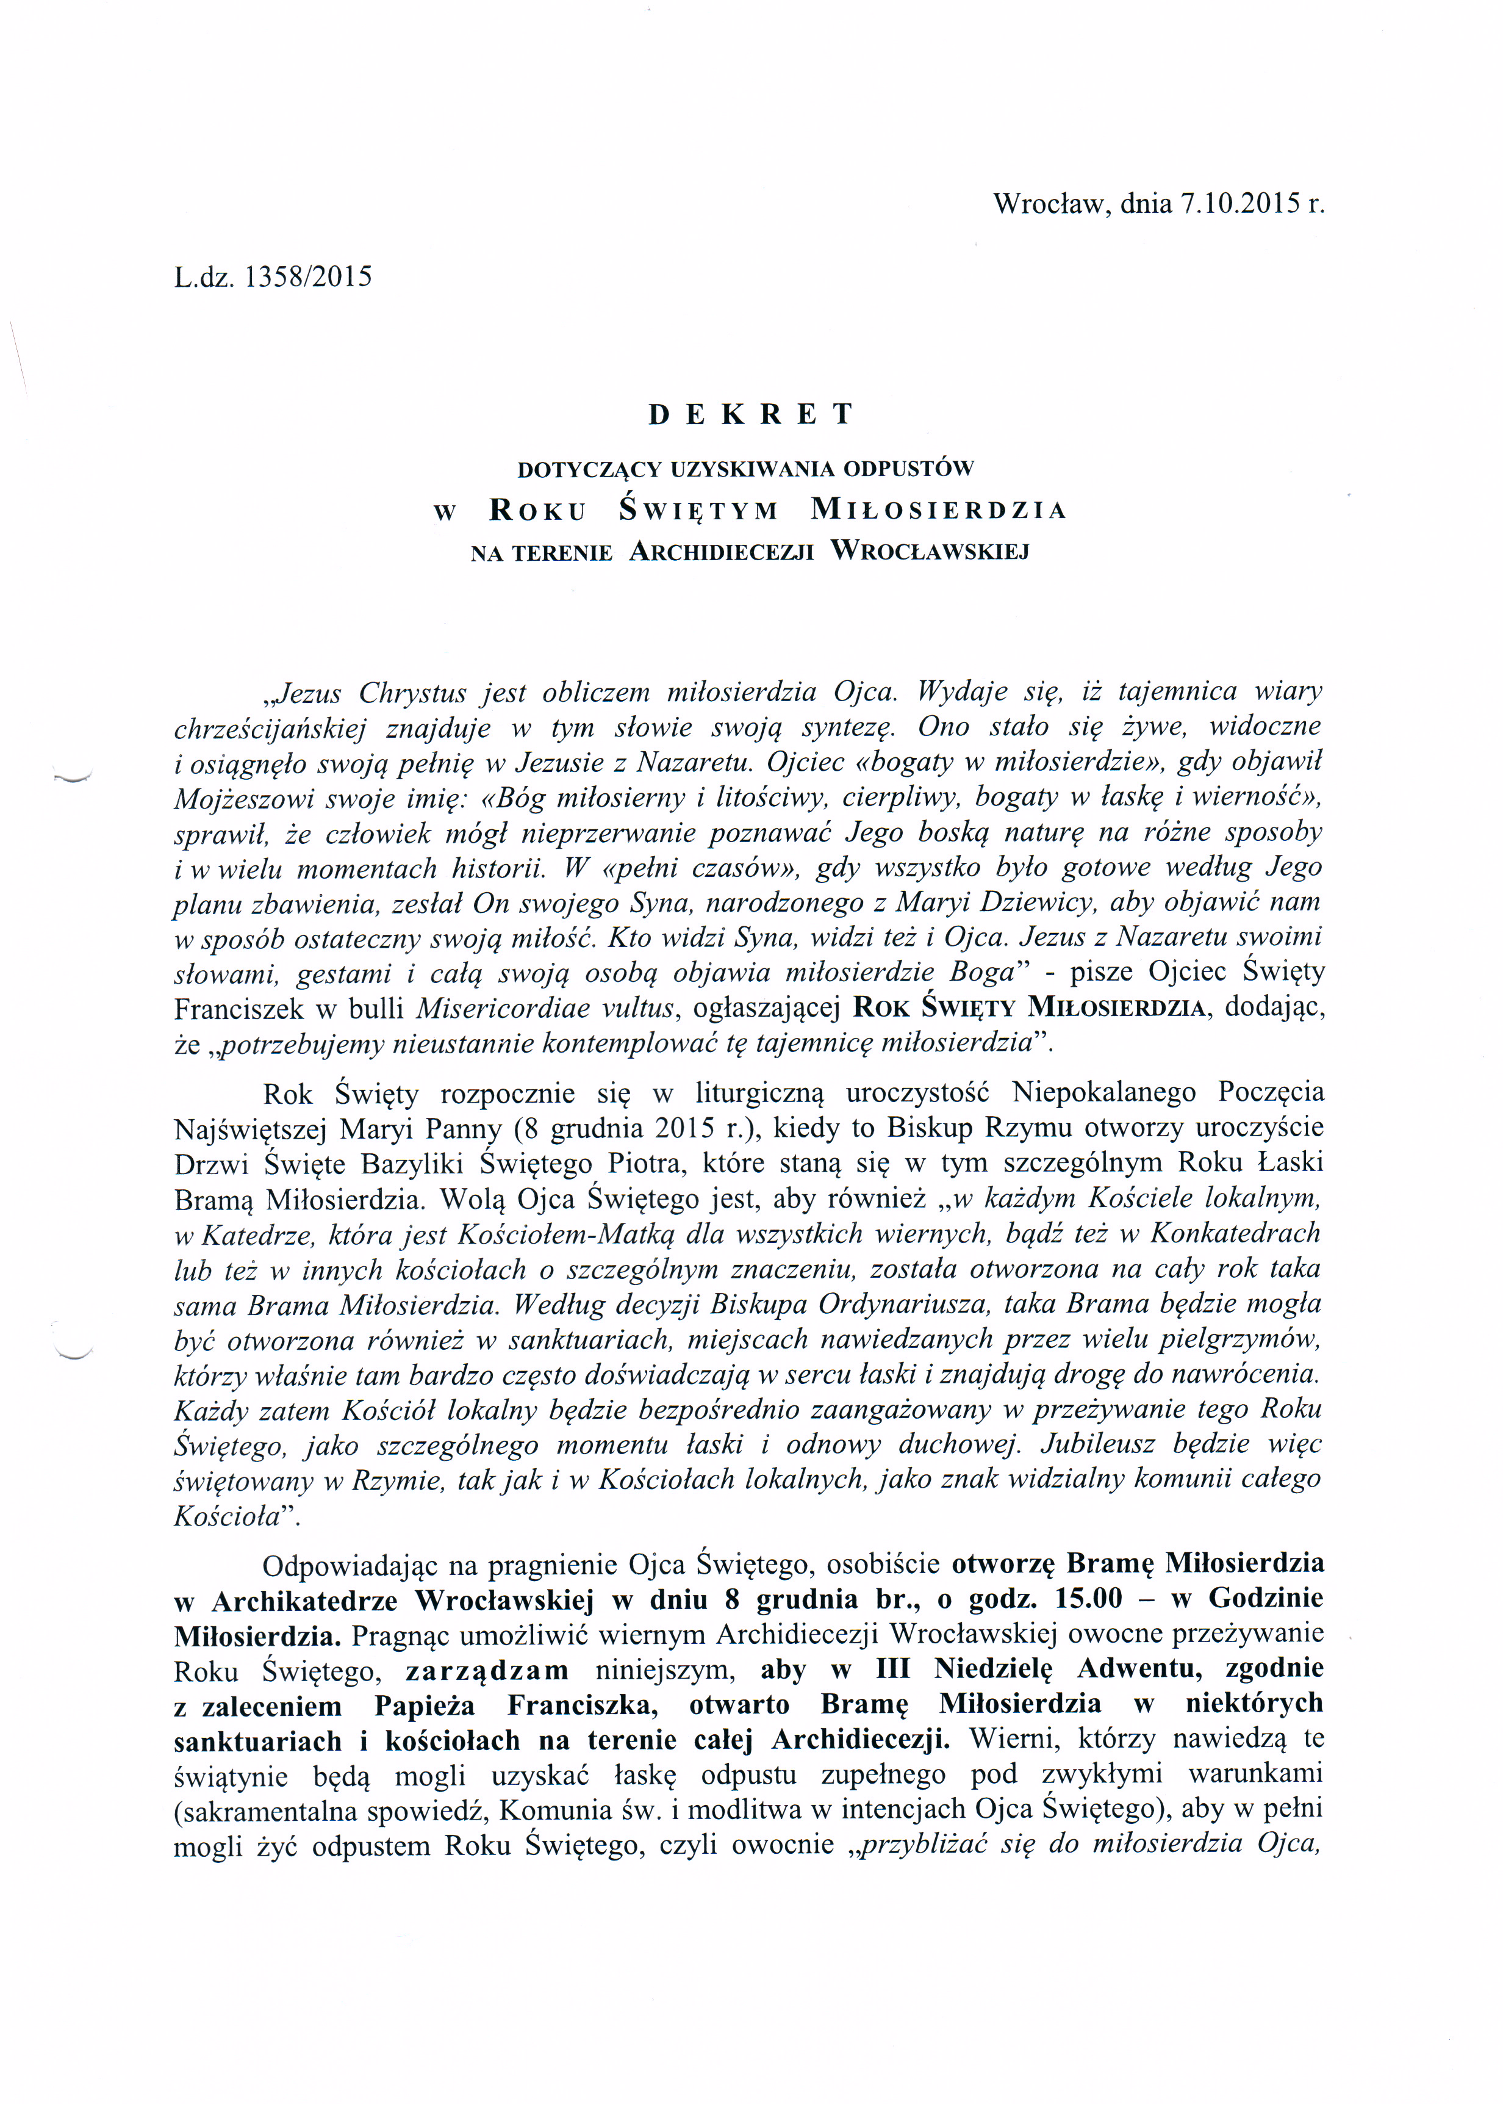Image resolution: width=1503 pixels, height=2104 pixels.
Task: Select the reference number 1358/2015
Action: pos(307,277)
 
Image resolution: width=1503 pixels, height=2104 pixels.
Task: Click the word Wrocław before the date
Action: pos(1052,204)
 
